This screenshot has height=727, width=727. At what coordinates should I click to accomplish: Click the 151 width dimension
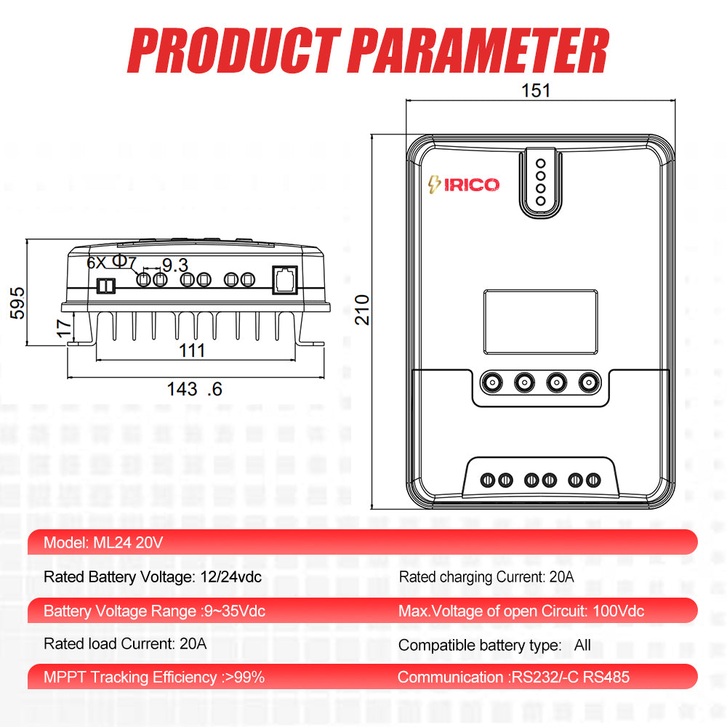[537, 91]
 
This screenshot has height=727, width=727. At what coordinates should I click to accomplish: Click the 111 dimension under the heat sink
[192, 350]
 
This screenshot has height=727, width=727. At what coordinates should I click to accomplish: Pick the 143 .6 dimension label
[194, 389]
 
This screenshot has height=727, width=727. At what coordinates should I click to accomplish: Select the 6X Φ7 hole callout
[111, 262]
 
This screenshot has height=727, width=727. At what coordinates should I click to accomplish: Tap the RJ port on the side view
[284, 279]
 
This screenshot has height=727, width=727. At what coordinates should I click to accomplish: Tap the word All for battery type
[582, 645]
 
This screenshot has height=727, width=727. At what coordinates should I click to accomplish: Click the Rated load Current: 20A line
[125, 643]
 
